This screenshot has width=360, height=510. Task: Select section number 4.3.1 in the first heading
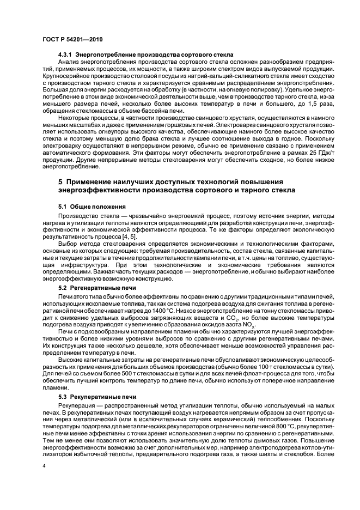(65, 56)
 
